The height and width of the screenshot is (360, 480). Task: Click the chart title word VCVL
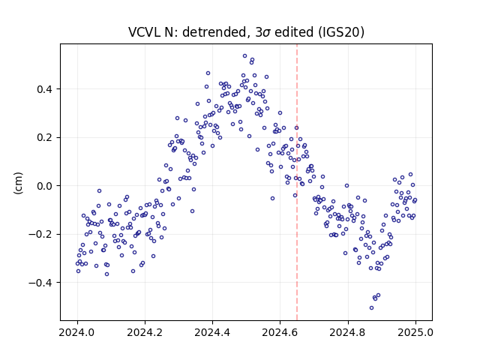[x=145, y=32]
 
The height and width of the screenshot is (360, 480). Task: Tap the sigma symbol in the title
[x=266, y=33]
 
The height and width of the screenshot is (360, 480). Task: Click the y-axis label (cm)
[x=18, y=183]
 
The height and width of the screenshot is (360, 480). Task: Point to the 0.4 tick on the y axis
[x=44, y=89]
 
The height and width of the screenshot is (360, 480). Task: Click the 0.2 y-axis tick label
[x=44, y=137]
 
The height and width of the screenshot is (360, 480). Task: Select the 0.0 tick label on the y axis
[x=44, y=186]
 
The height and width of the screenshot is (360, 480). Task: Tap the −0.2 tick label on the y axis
[x=40, y=234]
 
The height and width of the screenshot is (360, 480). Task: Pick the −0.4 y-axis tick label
[x=40, y=282]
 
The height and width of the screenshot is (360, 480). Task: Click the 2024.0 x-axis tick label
[x=77, y=332]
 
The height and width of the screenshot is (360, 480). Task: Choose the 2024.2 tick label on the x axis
[x=145, y=332]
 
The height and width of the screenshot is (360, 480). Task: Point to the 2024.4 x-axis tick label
[x=212, y=332]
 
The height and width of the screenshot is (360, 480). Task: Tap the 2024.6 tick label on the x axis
[x=280, y=332]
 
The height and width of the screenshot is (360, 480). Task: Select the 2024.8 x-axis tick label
[x=348, y=332]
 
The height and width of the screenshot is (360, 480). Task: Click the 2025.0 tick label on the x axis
[x=415, y=332]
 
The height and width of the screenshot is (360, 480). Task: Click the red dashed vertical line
[x=297, y=182]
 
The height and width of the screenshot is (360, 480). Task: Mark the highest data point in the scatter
[x=245, y=56]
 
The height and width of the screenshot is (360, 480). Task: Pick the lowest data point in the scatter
[x=372, y=307]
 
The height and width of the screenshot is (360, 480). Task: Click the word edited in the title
[x=294, y=32]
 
